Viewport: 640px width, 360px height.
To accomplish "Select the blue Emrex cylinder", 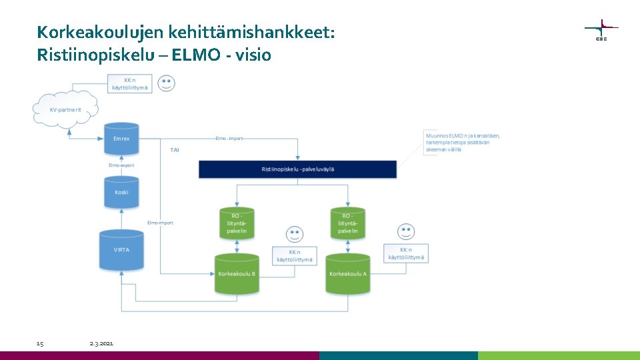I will coord(121,139).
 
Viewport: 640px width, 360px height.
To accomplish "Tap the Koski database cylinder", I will coord(121,192).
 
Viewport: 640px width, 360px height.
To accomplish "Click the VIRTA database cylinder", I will coord(121,251).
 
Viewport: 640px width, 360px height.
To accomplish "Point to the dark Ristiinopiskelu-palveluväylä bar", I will coord(297,169).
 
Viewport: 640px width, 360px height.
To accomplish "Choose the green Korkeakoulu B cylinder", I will coord(237,273).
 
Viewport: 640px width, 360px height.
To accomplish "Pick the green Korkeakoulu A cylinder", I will coord(347,273).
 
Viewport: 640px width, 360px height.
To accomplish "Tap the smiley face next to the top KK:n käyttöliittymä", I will coord(167,83).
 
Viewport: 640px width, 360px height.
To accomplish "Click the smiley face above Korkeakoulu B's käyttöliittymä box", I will coord(294,234).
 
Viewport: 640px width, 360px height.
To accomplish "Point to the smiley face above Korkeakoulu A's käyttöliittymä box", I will coord(405,231).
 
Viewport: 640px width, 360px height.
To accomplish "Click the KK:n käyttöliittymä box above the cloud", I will coord(130,84).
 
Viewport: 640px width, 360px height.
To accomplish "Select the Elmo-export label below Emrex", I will coord(121,165).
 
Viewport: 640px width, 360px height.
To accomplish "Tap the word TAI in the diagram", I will coord(175,150).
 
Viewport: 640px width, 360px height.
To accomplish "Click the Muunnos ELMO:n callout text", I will coord(463,143).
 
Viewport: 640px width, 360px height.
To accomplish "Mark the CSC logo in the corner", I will coord(601,30).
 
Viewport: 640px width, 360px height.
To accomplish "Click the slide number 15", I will coord(40,343).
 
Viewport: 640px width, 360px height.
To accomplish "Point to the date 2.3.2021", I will coord(101,343).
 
